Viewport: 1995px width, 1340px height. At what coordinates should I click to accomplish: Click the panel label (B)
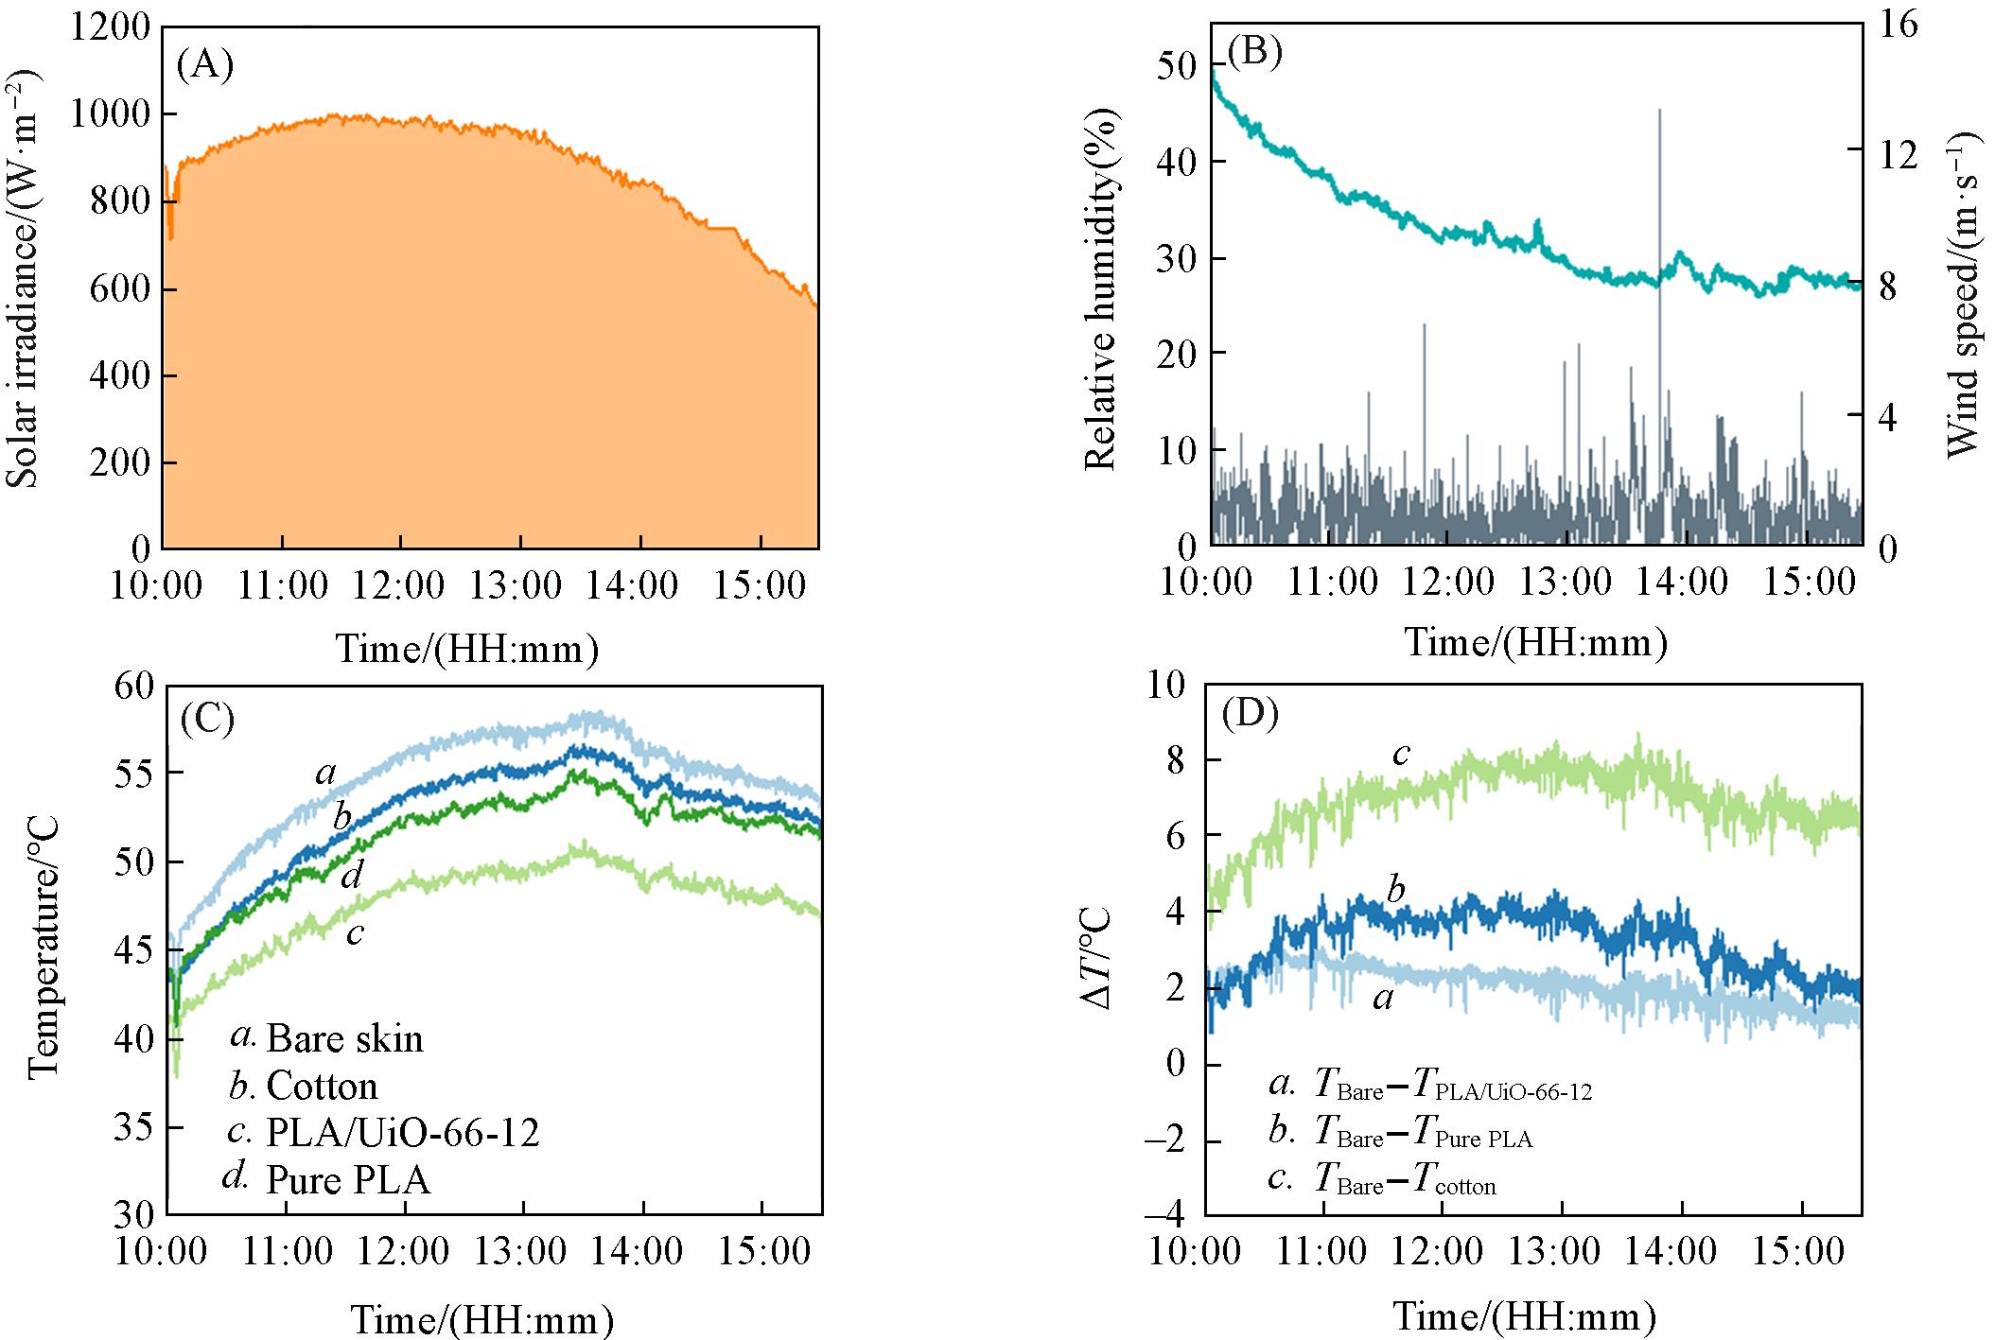click(1253, 51)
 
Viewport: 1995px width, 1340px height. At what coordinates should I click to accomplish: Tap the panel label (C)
click(207, 720)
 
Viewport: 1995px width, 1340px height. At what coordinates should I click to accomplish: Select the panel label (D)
click(1250, 713)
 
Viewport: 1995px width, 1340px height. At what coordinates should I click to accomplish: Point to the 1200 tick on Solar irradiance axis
click(110, 26)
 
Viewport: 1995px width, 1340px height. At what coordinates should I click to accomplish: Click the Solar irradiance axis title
click(23, 279)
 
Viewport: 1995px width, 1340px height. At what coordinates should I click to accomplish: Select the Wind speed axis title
click(1965, 293)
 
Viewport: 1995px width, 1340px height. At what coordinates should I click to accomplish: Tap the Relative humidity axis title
click(1100, 288)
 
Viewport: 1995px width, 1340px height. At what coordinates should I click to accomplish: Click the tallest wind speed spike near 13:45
click(1659, 113)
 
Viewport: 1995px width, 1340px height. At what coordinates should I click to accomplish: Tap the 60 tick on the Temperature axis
click(133, 686)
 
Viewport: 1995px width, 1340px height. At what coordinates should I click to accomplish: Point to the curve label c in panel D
click(1402, 754)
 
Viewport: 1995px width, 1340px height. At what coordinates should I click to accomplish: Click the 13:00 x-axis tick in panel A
click(516, 585)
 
